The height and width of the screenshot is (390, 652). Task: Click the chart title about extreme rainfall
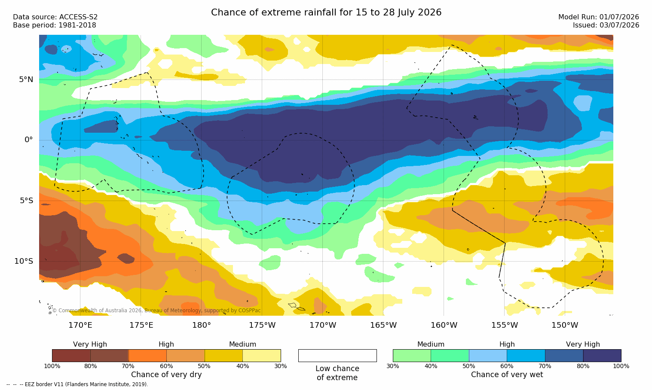click(326, 12)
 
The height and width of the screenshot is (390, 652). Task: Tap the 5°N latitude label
click(26, 79)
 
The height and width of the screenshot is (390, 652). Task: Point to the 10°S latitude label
click(24, 261)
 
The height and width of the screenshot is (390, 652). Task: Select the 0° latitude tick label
click(28, 140)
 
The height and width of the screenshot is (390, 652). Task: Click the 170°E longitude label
click(80, 325)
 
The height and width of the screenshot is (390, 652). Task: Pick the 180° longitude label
click(202, 325)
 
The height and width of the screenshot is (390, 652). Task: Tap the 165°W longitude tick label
click(383, 325)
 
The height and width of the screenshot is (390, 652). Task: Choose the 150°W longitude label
click(565, 325)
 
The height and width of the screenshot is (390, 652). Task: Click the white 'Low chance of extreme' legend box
click(337, 355)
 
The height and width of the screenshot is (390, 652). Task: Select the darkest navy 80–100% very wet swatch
click(602, 355)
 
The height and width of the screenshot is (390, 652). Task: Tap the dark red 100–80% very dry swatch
click(71, 355)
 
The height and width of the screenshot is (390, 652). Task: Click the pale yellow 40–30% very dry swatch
click(262, 355)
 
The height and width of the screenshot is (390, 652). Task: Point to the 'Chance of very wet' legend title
click(507, 375)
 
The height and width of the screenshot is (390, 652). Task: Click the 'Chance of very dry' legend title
click(166, 375)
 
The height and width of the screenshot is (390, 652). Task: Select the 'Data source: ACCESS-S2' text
click(55, 17)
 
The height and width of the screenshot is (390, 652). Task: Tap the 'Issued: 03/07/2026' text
click(606, 25)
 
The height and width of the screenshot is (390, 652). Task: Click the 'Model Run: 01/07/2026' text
click(598, 17)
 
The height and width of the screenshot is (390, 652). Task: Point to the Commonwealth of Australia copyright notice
click(156, 311)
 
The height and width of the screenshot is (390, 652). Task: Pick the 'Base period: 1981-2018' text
click(55, 25)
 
